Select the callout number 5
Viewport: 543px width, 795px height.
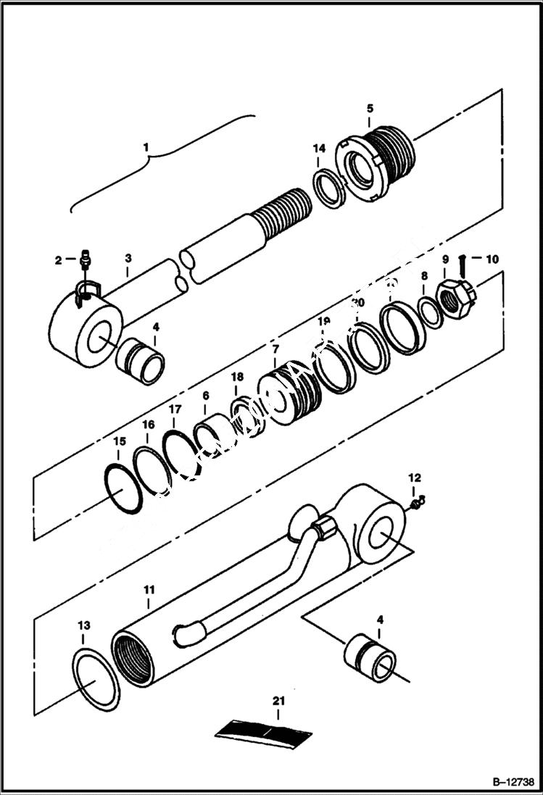click(x=370, y=108)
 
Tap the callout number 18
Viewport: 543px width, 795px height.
click(x=238, y=378)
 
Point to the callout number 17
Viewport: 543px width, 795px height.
click(x=175, y=409)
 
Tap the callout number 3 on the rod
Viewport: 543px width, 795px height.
click(x=128, y=257)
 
